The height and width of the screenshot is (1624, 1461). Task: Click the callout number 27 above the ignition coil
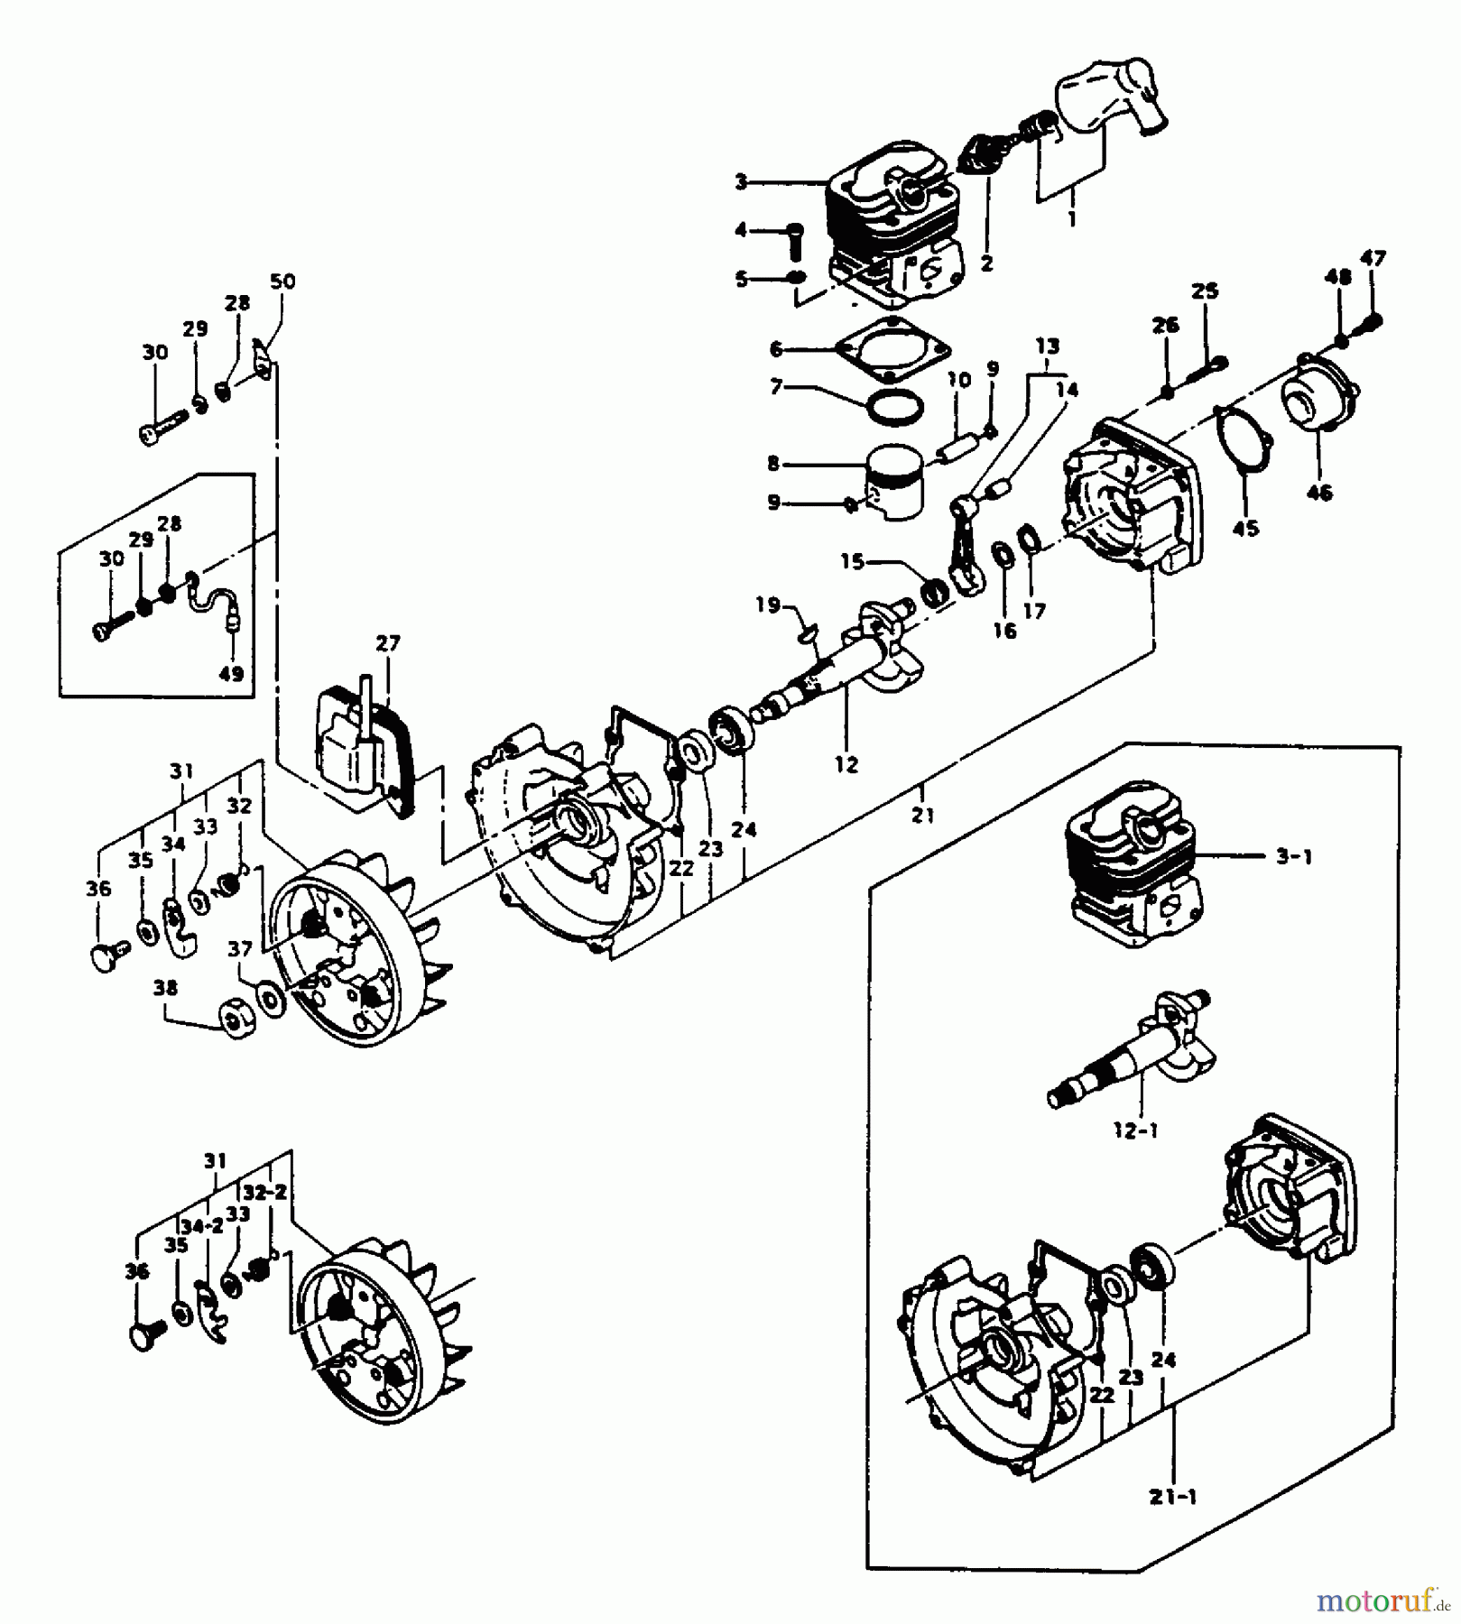coord(388,644)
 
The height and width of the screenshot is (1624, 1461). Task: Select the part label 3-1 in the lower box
coord(1293,856)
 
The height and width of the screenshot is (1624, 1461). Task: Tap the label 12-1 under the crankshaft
coord(1135,1130)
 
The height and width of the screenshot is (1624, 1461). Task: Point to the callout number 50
coord(282,281)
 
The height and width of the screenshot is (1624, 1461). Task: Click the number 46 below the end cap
coord(1319,493)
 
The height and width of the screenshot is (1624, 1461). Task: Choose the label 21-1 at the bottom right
coord(1173,1497)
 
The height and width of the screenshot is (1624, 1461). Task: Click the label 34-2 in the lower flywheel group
coord(201,1226)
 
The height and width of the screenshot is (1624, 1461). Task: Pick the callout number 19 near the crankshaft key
coord(768,604)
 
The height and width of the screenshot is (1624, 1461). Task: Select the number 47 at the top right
coord(1373,258)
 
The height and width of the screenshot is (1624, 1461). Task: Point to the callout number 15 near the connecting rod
coord(853,561)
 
